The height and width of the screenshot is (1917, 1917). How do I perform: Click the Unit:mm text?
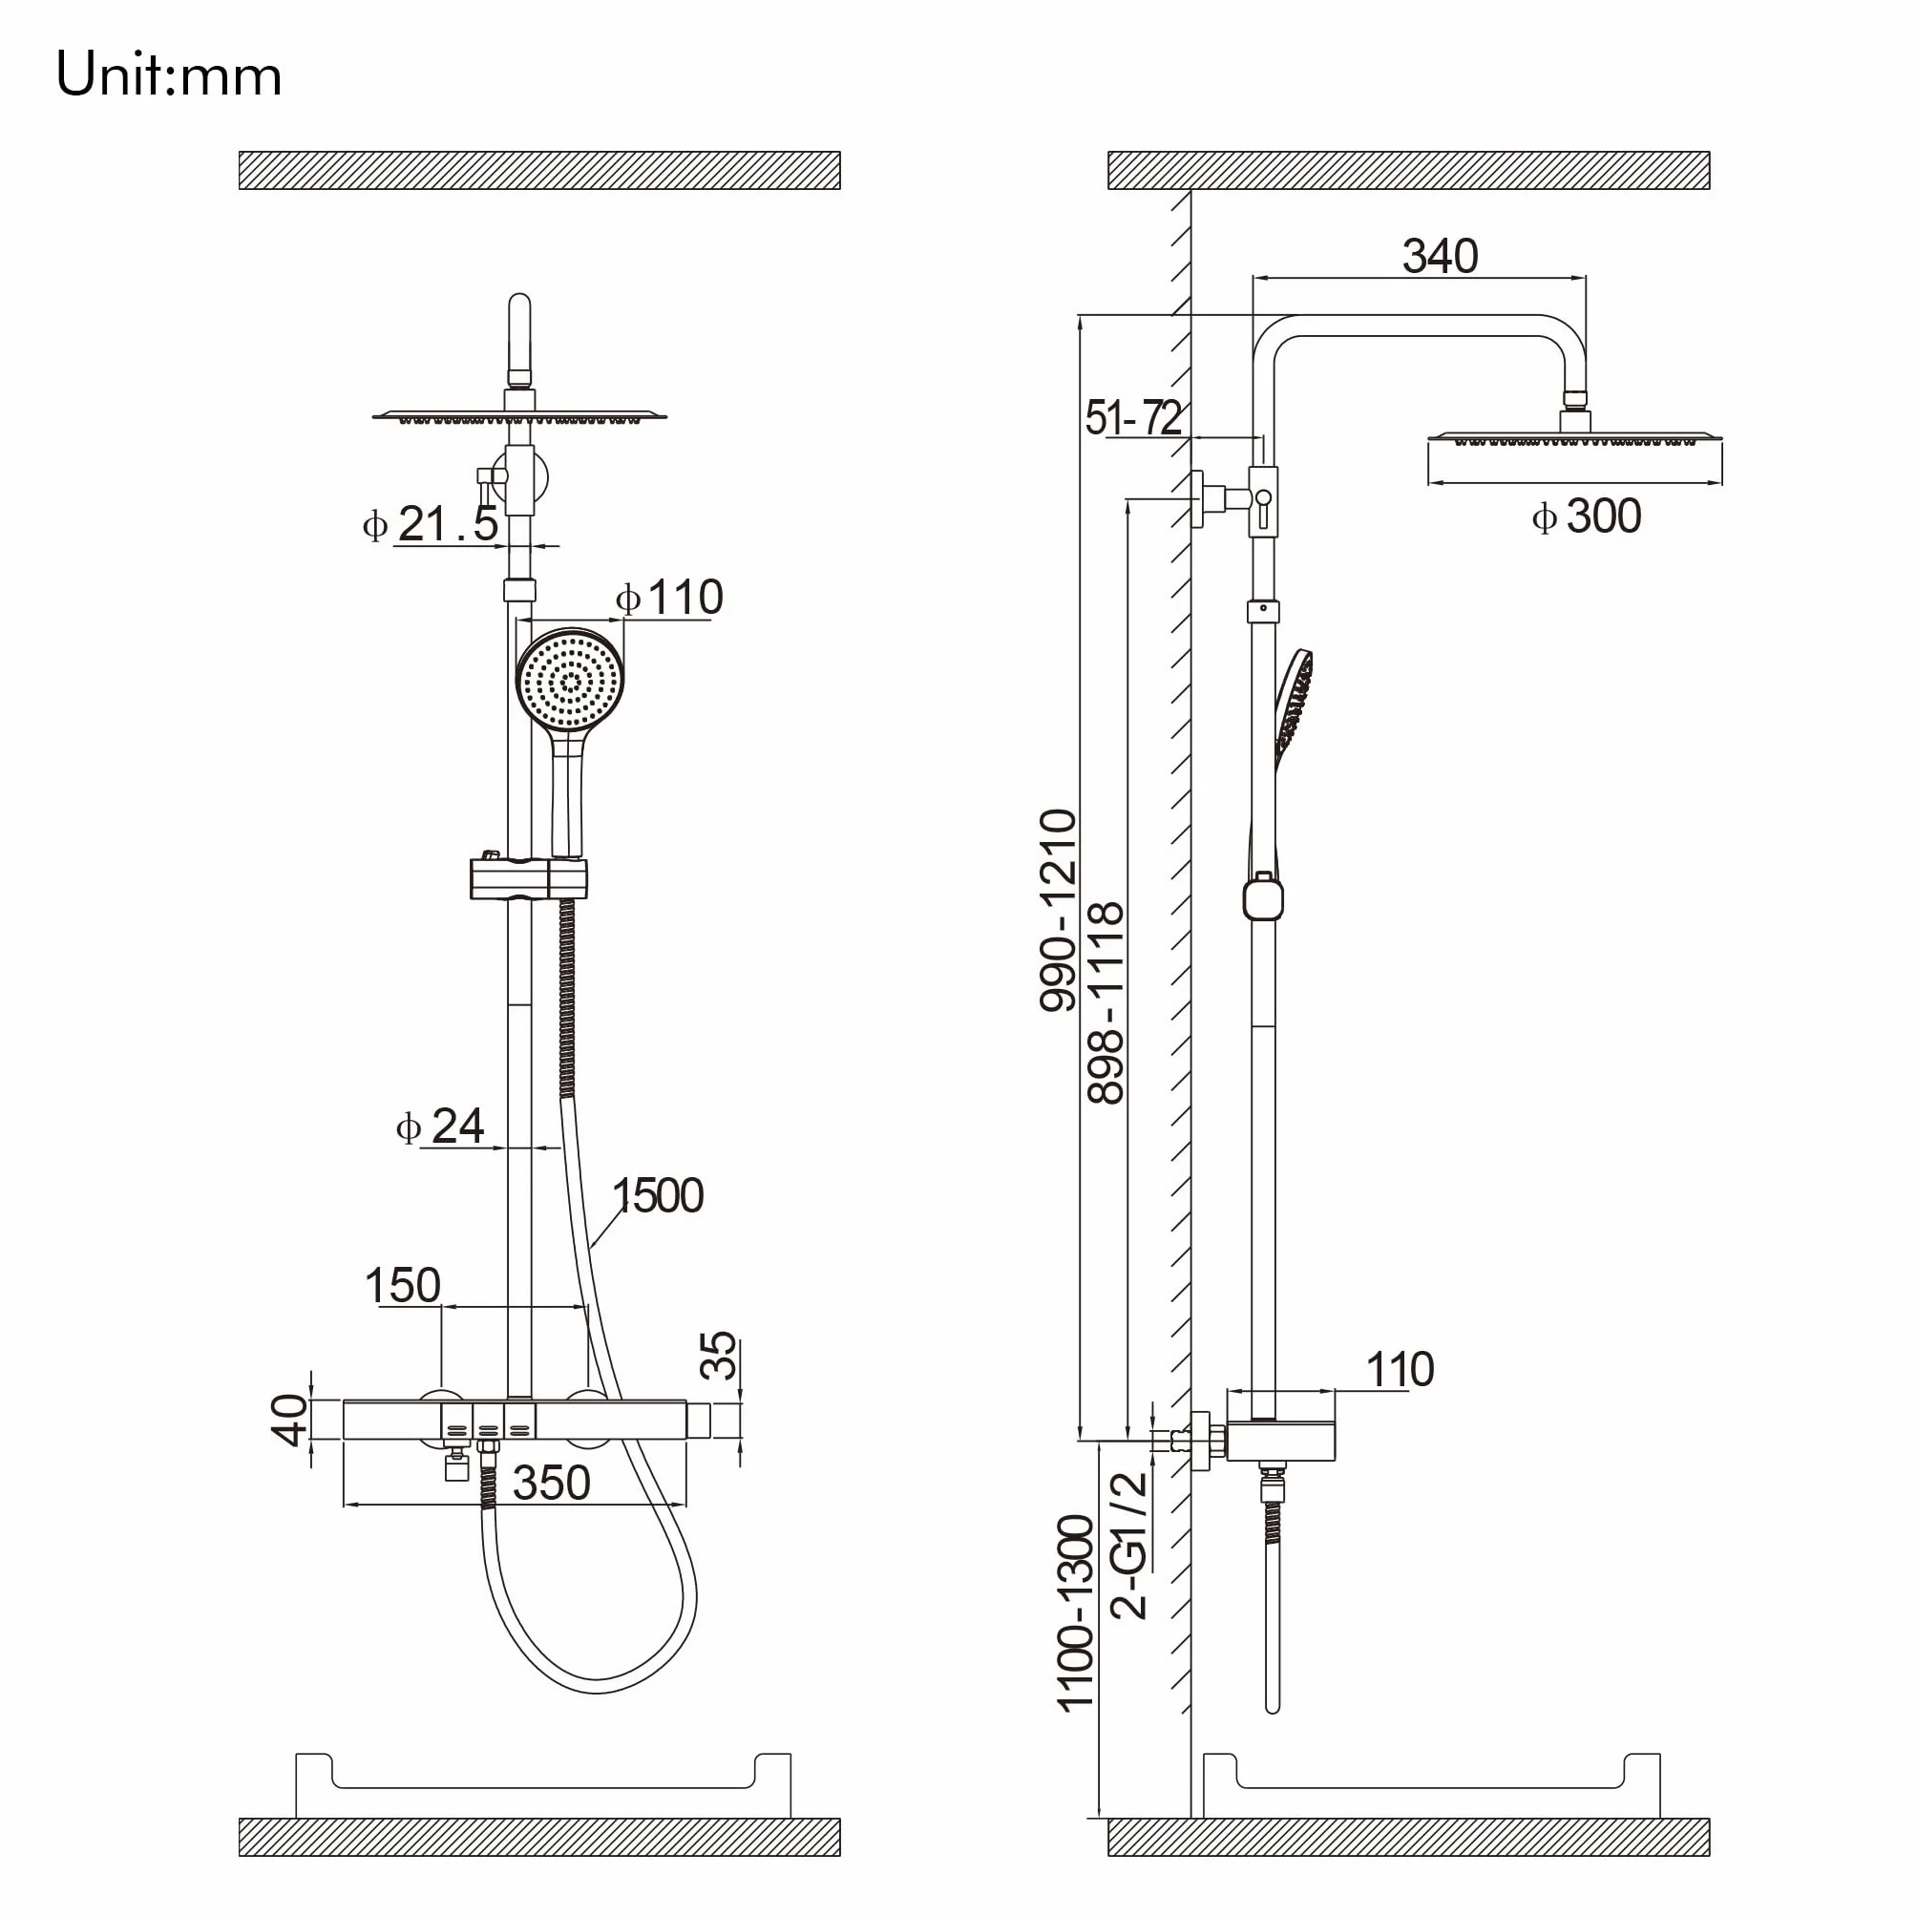(169, 74)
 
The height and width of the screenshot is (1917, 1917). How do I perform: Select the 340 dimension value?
(1440, 256)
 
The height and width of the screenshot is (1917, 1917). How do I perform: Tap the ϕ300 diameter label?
(1587, 516)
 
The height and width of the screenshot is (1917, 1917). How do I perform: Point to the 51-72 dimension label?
(1134, 417)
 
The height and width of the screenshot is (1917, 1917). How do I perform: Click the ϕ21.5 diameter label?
(431, 523)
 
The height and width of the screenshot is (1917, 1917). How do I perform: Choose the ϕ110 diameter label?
(670, 598)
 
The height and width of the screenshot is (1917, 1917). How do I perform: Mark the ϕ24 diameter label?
(439, 1127)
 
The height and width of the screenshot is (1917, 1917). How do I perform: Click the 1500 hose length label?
(658, 1195)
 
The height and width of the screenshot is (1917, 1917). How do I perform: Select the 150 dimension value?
(402, 1285)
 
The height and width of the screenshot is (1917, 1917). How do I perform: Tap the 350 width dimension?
(552, 1484)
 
